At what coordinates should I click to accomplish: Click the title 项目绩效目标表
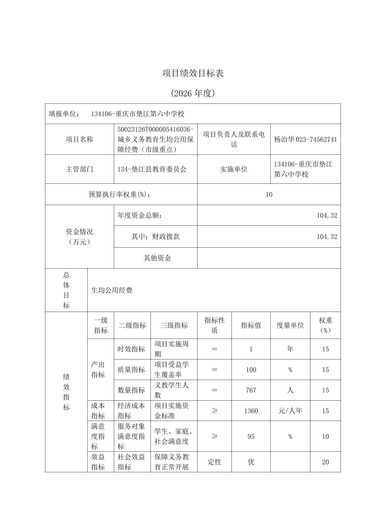(x=193, y=73)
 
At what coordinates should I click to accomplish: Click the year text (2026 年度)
(x=193, y=93)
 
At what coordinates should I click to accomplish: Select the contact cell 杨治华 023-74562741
(x=306, y=139)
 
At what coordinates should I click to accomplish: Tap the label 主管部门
(x=80, y=169)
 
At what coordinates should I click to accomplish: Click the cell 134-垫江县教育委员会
(x=152, y=169)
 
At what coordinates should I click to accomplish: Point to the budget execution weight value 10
(x=269, y=195)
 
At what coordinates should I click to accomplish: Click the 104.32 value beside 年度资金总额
(x=327, y=215)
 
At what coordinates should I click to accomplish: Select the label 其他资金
(x=157, y=258)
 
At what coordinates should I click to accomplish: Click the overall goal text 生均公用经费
(x=112, y=290)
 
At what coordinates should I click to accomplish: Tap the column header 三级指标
(x=174, y=325)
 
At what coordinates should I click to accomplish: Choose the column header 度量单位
(x=290, y=325)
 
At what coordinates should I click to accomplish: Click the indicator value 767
(x=251, y=390)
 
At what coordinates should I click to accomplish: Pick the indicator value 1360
(x=251, y=411)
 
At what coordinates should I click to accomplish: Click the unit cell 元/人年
(x=290, y=411)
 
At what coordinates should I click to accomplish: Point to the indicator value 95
(x=251, y=436)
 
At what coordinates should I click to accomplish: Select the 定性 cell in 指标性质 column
(x=214, y=462)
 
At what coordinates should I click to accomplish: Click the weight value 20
(x=325, y=462)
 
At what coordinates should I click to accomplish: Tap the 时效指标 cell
(x=131, y=349)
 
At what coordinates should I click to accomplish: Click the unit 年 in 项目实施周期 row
(x=290, y=349)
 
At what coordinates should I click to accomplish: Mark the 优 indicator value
(x=251, y=462)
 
